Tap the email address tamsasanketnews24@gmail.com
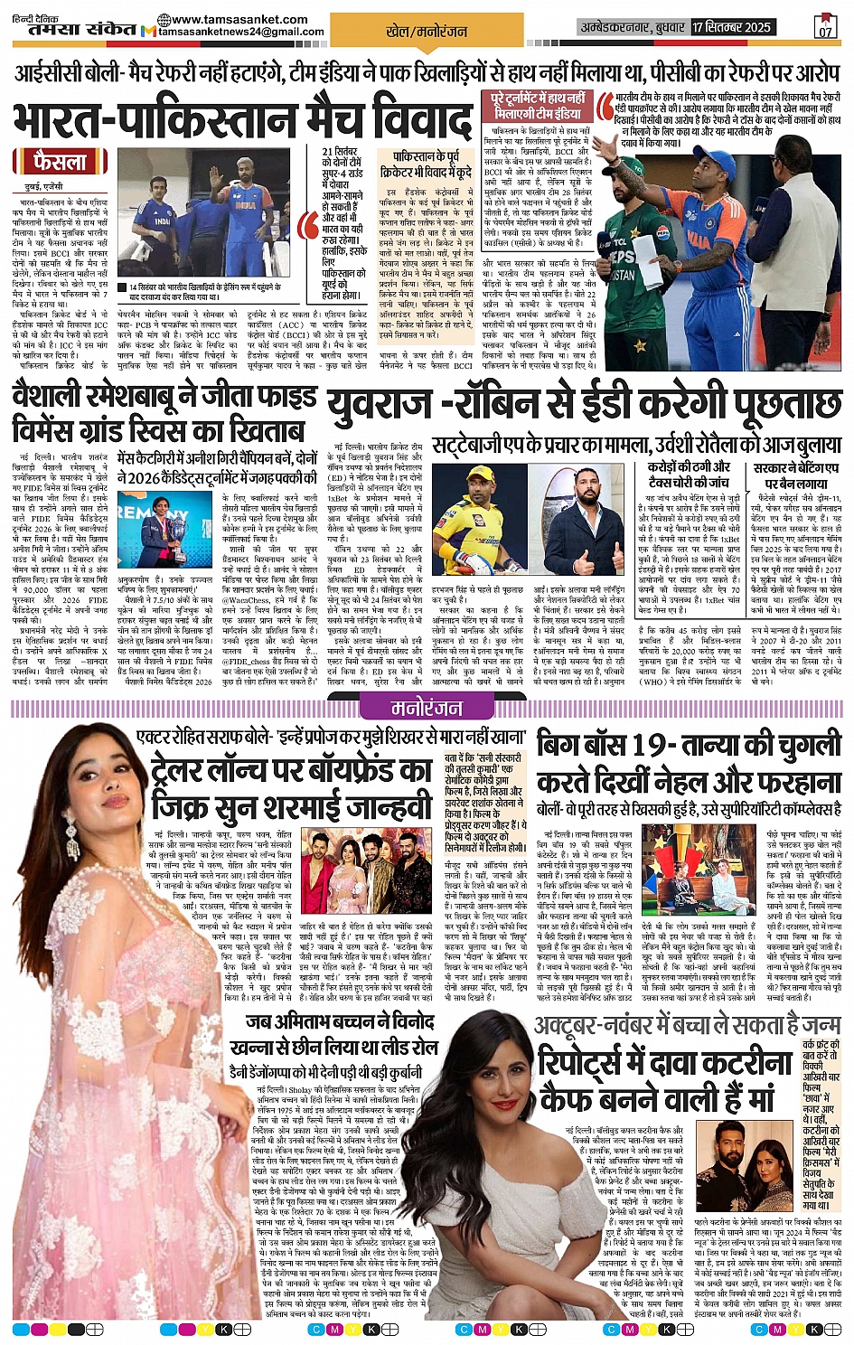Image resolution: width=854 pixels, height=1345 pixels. [x=240, y=32]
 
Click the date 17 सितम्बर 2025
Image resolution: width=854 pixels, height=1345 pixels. [x=732, y=27]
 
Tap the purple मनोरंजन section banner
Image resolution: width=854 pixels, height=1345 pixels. [x=427, y=708]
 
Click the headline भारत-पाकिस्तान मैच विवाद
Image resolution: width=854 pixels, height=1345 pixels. [x=242, y=119]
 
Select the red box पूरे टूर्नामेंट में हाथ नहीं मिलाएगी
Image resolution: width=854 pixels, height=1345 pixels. [x=538, y=105]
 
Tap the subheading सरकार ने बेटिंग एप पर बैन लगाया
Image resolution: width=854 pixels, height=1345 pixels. [x=795, y=475]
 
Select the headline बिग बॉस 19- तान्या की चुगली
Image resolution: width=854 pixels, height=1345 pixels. [x=689, y=746]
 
